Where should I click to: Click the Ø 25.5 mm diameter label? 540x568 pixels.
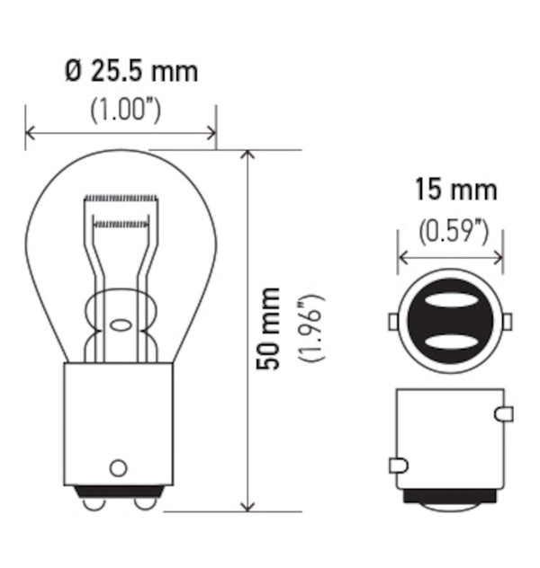[131, 71]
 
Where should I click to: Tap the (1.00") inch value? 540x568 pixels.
[126, 110]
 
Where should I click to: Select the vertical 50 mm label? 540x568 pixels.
[268, 328]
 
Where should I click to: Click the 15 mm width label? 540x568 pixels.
[455, 191]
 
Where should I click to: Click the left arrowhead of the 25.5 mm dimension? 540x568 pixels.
[30, 134]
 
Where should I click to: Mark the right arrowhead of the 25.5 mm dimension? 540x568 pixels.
[211, 134]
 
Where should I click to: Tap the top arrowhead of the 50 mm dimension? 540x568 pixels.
[248, 155]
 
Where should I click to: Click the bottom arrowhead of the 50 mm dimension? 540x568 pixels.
[248, 506]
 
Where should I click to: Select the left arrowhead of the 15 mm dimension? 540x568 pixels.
[402, 258]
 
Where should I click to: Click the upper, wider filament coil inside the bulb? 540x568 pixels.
[121, 198]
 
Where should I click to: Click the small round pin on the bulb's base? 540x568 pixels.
[116, 467]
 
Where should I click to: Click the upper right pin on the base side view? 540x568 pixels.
[505, 413]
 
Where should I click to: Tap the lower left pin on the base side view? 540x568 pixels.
[398, 466]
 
